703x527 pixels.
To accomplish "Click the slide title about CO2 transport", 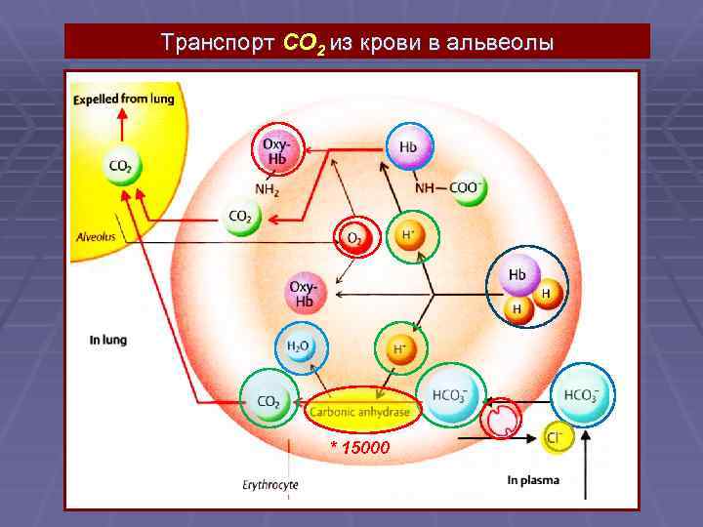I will pos(357,44).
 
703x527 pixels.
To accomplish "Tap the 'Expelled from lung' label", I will pos(123,99).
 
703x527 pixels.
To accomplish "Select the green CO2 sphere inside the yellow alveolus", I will pos(122,166).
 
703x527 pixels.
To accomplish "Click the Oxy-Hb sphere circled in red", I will pos(277,151).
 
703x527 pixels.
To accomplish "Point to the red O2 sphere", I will pos(355,237).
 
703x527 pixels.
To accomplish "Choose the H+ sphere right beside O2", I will pos(406,236).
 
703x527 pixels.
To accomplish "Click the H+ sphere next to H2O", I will pos(399,348).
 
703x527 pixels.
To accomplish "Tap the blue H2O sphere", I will pos(299,348).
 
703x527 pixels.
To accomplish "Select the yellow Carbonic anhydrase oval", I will pos(360,412).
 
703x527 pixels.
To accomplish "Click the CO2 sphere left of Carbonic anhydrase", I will pos(269,400).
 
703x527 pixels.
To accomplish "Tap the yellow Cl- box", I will pos(558,438).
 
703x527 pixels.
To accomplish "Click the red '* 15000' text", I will pos(359,447).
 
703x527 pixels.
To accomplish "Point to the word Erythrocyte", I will pos(270,484).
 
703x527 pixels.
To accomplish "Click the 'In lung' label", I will pos(108,340).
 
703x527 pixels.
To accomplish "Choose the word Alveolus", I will pos(97,236).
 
